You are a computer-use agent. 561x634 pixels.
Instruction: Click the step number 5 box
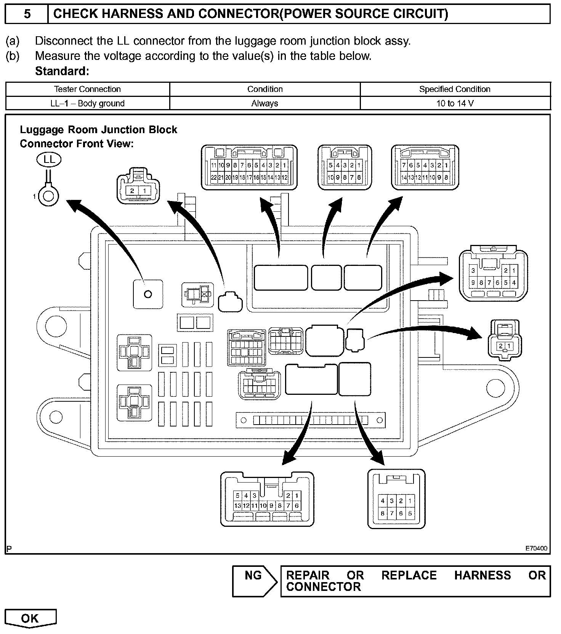[x=27, y=14]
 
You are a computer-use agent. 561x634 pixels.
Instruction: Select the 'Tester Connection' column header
[x=87, y=89]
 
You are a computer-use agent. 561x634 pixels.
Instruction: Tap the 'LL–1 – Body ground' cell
[x=87, y=103]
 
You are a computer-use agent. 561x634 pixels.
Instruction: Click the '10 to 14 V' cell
[x=455, y=103]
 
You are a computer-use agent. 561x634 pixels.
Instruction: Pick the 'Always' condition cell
[x=264, y=103]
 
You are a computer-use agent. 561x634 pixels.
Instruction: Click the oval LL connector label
[x=49, y=159]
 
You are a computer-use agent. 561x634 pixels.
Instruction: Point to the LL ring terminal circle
[x=48, y=196]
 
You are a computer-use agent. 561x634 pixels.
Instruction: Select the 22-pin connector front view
[x=249, y=167]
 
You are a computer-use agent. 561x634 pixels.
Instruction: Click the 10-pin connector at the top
[x=345, y=167]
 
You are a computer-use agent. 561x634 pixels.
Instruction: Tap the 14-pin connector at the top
[x=425, y=167]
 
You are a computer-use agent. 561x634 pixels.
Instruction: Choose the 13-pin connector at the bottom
[x=267, y=499]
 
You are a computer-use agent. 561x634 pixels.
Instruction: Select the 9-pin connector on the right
[x=493, y=275]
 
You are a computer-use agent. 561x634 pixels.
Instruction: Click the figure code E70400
[x=536, y=549]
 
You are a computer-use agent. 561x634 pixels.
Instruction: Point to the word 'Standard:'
[x=62, y=71]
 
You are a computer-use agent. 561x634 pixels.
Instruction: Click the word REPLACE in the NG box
[x=409, y=575]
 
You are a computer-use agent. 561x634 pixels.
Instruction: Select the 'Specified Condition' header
[x=455, y=89]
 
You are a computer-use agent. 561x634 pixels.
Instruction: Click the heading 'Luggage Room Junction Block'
[x=98, y=130]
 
